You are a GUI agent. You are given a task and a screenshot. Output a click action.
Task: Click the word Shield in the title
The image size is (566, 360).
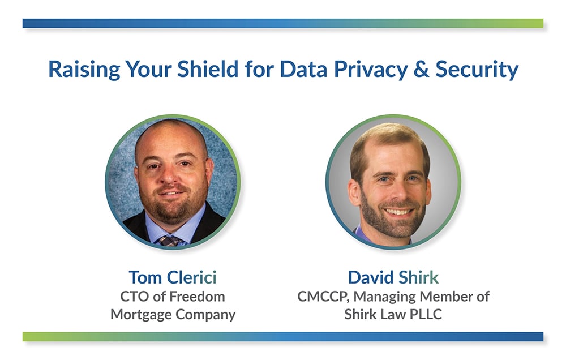click(x=201, y=69)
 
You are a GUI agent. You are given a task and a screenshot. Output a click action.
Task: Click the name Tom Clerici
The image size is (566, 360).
click(x=173, y=278)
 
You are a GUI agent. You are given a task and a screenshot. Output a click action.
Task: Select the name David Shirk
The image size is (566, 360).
click(x=393, y=278)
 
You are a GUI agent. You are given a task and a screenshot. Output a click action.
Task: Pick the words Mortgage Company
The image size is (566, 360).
click(x=173, y=314)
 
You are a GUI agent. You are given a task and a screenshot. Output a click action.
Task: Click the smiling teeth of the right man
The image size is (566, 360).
click(x=398, y=212)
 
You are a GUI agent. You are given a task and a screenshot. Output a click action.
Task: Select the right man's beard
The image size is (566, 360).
click(x=396, y=224)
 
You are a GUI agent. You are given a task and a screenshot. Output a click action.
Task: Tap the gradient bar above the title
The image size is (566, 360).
click(x=283, y=23)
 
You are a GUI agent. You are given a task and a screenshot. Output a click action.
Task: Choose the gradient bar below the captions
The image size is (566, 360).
click(x=283, y=337)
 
